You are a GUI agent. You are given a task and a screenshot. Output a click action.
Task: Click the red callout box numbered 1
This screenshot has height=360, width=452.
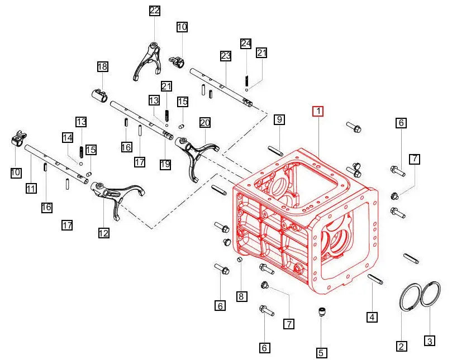317,111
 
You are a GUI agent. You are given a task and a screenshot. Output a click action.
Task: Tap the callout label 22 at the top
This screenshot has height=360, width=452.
154,11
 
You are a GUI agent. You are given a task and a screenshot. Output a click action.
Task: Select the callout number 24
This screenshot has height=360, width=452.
246,44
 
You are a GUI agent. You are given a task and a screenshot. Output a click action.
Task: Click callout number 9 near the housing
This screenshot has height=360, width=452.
279,119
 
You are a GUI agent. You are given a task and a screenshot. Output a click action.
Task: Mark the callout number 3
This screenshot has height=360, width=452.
429,340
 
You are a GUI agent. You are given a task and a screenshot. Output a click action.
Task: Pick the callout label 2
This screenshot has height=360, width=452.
401,346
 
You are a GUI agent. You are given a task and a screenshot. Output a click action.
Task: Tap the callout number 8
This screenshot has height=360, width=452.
241,296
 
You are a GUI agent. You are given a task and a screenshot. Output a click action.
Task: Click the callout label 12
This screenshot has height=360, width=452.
103,233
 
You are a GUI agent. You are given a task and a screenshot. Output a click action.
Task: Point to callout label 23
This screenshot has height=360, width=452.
225,56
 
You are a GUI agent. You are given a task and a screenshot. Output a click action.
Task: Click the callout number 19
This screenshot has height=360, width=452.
165,164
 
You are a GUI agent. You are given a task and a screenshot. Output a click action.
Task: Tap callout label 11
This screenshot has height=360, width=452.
31,189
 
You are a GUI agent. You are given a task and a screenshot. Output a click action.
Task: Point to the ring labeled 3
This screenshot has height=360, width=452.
431,294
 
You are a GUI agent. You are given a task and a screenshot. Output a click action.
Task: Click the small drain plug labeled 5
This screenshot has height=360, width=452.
321,313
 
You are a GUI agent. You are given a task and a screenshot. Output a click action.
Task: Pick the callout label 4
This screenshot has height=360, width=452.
372,317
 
